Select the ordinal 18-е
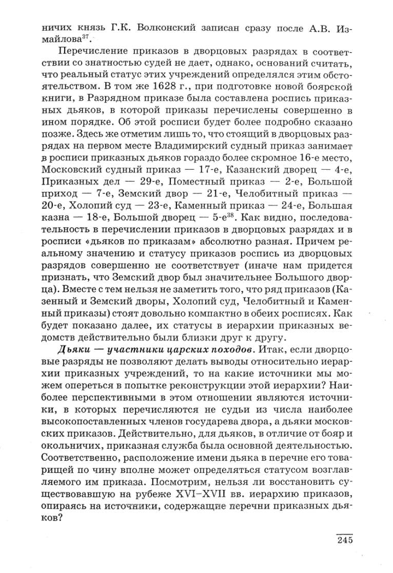point(100,219)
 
